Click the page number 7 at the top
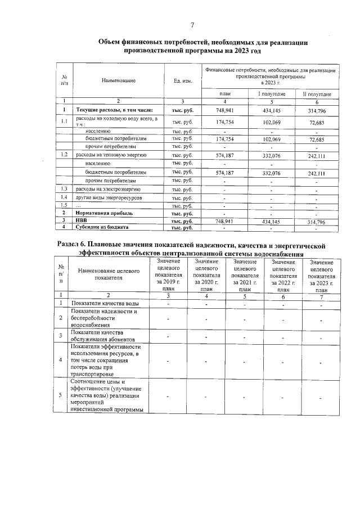(x=192, y=25)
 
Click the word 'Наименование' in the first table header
(x=119, y=81)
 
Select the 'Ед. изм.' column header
(x=183, y=81)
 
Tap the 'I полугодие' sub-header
(x=272, y=93)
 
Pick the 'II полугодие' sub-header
(x=317, y=93)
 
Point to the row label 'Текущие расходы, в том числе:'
(x=111, y=110)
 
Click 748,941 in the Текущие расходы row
(x=224, y=110)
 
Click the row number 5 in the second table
(x=60, y=395)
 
